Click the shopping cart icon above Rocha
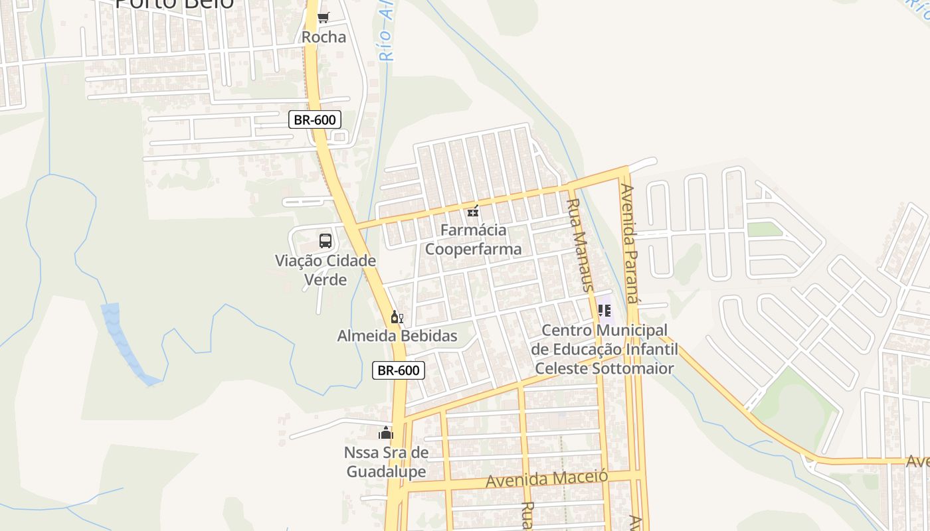click(324, 18)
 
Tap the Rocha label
click(324, 37)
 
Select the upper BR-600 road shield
click(316, 119)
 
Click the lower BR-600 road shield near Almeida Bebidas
click(398, 370)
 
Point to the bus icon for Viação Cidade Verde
click(325, 241)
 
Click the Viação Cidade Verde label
click(325, 270)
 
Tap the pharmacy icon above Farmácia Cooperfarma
click(473, 212)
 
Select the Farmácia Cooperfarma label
click(473, 240)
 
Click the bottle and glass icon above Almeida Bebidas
click(397, 317)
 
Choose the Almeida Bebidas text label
click(397, 336)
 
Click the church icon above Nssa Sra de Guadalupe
click(386, 433)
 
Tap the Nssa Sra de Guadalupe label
click(386, 462)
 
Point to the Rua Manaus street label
click(579, 245)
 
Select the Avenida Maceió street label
click(547, 478)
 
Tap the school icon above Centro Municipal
click(604, 311)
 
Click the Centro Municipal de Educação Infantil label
click(604, 349)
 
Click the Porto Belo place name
click(174, 4)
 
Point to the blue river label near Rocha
click(387, 33)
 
